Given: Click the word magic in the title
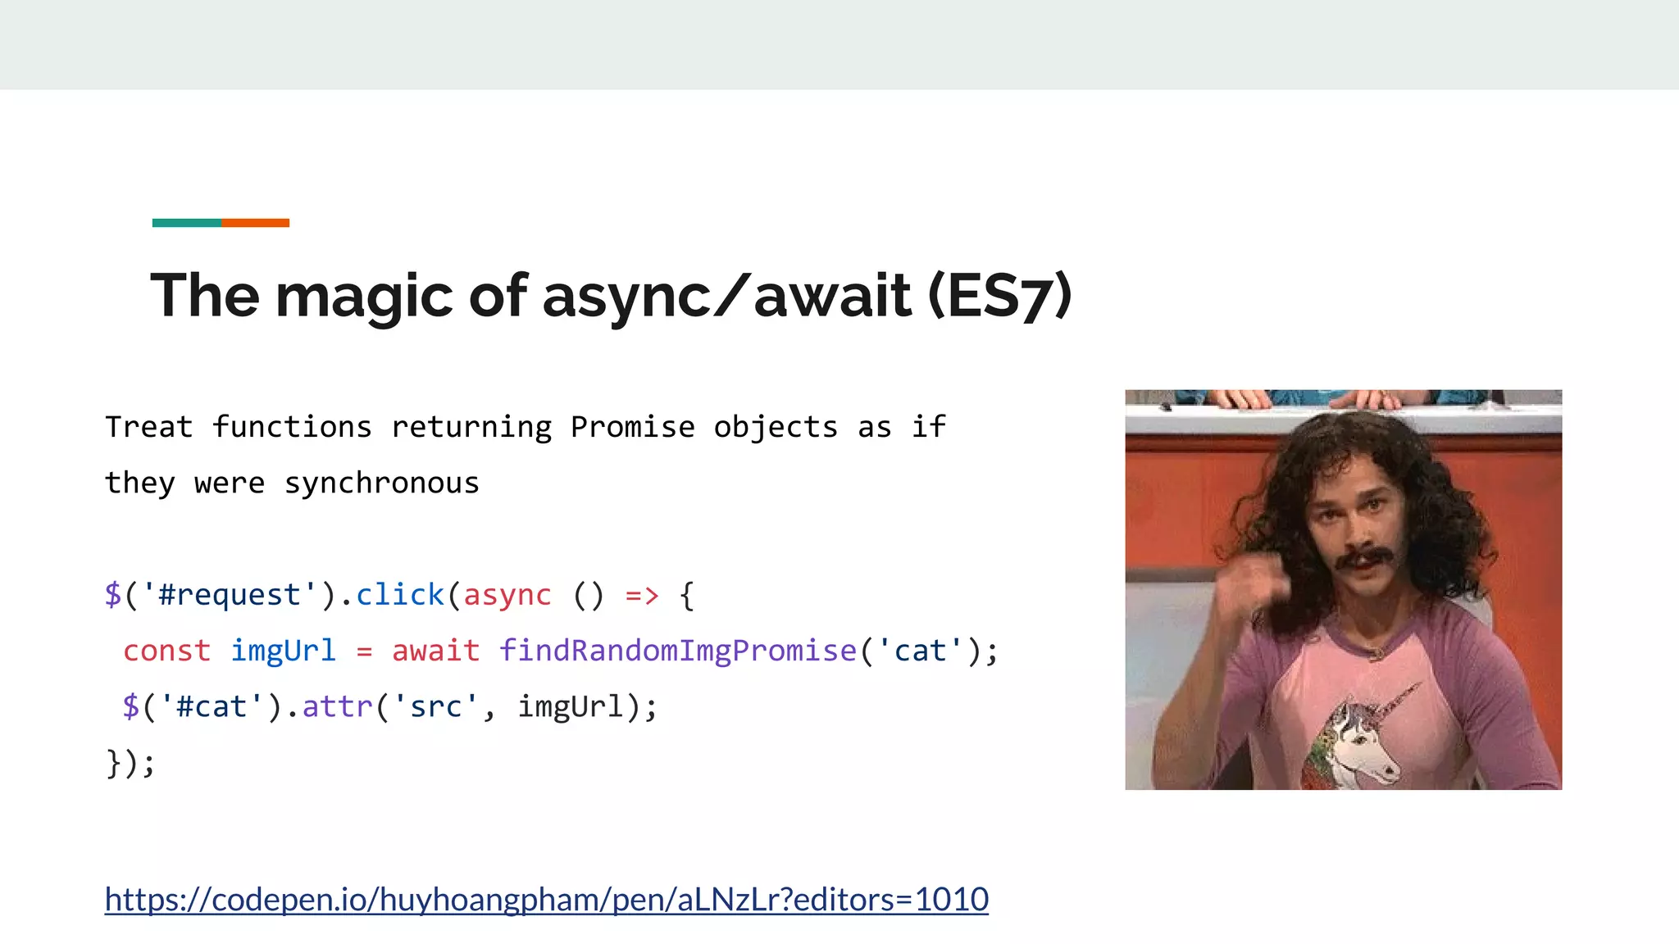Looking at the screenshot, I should click(x=363, y=296).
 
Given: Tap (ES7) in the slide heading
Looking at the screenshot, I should click(x=999, y=296).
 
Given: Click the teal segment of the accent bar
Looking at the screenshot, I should click(x=186, y=223).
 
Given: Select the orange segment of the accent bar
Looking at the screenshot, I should click(x=255, y=223).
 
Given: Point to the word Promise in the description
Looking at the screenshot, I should click(x=632, y=427).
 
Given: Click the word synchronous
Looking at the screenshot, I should click(x=381, y=483).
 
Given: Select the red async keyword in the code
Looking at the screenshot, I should click(x=507, y=595).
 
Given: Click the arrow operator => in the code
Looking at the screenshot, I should click(x=642, y=596).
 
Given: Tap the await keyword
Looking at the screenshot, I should click(x=435, y=651).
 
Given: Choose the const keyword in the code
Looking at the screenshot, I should click(x=167, y=651).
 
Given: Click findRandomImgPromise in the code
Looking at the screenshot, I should click(x=678, y=651).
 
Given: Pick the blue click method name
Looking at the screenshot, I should click(x=399, y=595).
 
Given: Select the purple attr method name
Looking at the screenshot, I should click(x=337, y=706).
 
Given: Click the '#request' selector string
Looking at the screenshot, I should click(x=230, y=595).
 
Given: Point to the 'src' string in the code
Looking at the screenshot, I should click(x=435, y=706).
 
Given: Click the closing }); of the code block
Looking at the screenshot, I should click(x=130, y=763).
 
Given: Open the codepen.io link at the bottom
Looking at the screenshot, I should click(x=546, y=900).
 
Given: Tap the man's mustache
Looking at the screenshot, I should click(x=1364, y=559).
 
